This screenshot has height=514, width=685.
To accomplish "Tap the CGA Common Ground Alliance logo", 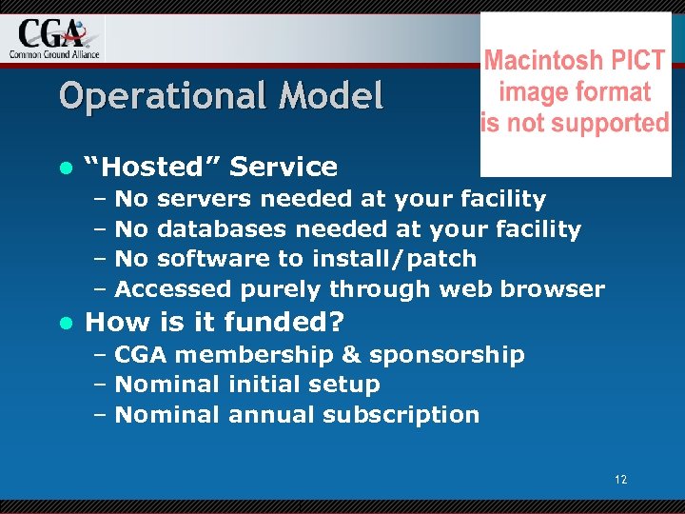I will (x=53, y=38).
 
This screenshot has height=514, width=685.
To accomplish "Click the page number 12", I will (x=620, y=480).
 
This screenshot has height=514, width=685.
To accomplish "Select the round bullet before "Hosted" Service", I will (x=65, y=168).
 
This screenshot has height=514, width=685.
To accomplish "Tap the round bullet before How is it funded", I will (x=65, y=323).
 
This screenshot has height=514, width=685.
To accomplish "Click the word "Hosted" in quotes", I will (x=152, y=167).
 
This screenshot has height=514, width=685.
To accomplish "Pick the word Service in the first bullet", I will (x=284, y=167).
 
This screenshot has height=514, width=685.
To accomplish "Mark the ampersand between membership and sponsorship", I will (x=350, y=355).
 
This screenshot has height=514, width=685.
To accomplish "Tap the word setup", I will (x=346, y=385).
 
